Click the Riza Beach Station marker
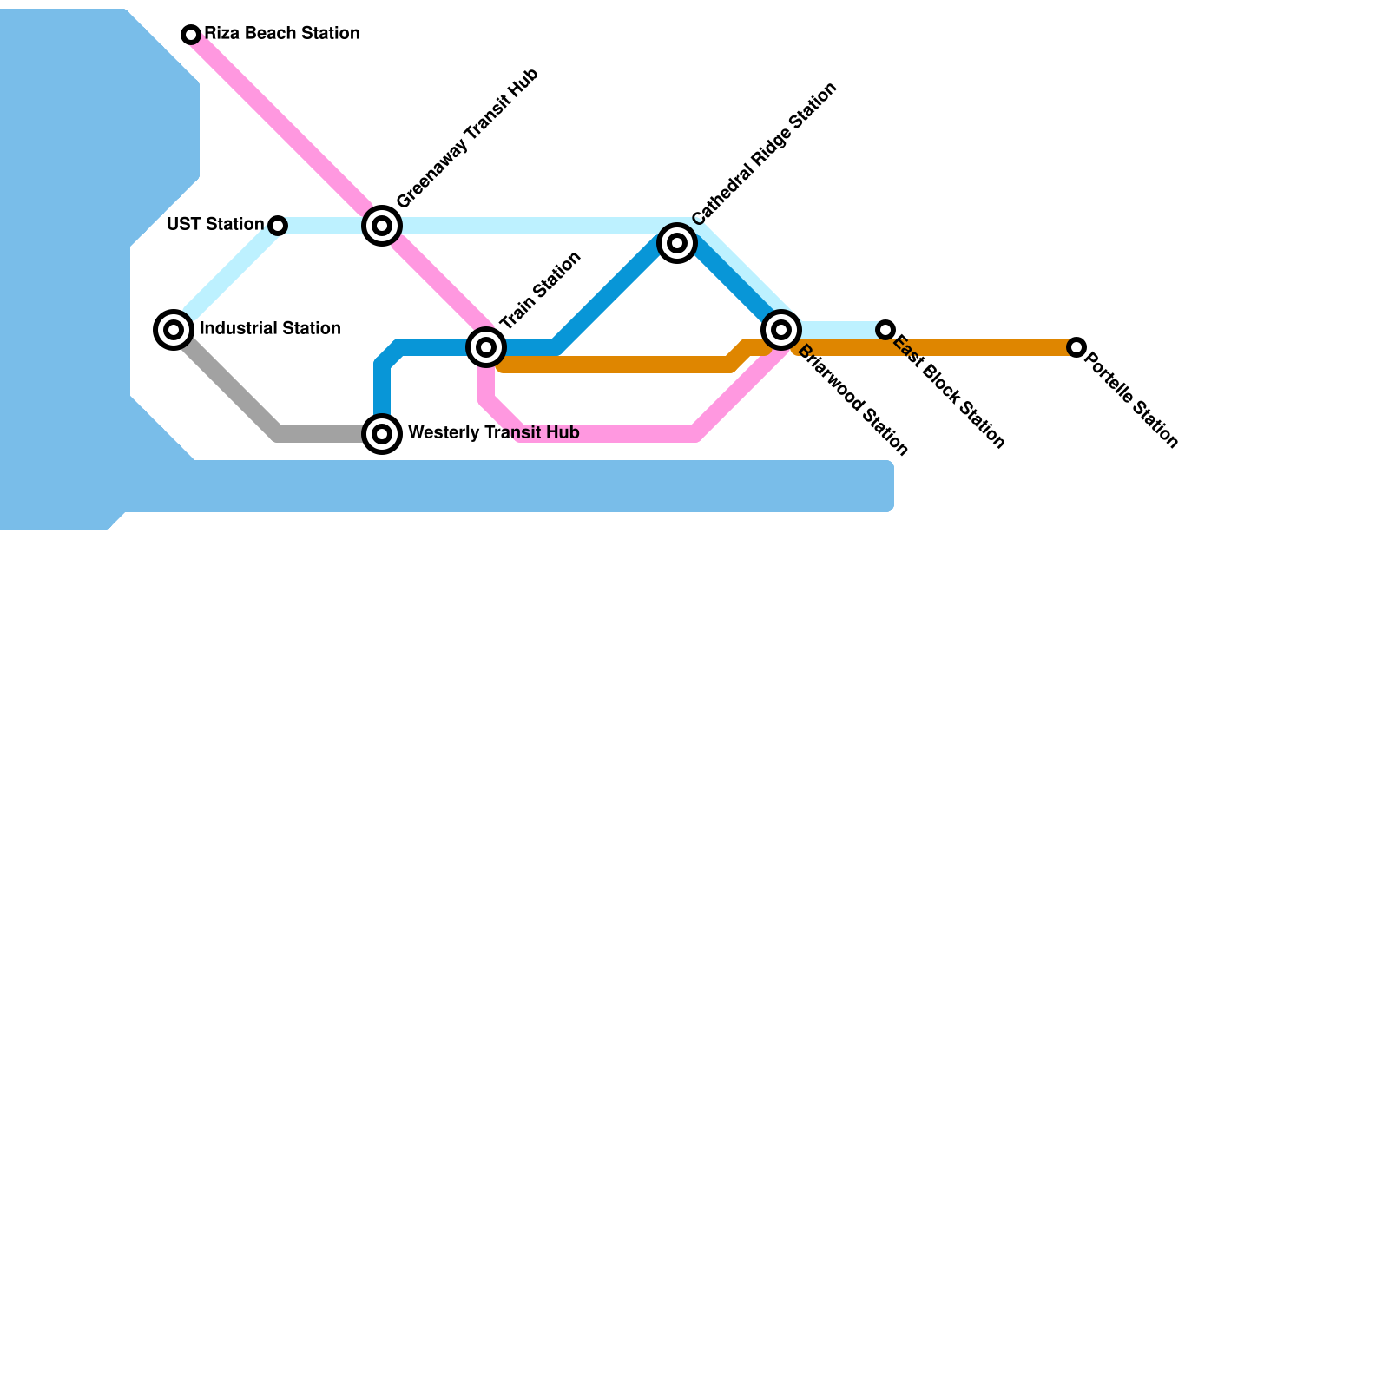point(191,35)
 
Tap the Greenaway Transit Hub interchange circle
point(382,226)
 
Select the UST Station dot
point(278,226)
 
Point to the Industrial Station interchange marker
point(174,330)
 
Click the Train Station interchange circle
point(486,347)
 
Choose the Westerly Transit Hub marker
point(382,434)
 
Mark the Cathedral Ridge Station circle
point(677,243)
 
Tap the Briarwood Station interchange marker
point(781,330)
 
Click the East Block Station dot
point(885,330)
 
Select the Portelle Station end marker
point(1076,347)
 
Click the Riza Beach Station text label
point(282,34)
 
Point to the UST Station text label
point(214,225)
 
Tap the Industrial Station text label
point(270,329)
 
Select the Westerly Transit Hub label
point(493,433)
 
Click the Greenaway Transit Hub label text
point(468,138)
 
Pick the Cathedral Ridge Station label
point(765,154)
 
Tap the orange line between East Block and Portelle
point(981,347)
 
